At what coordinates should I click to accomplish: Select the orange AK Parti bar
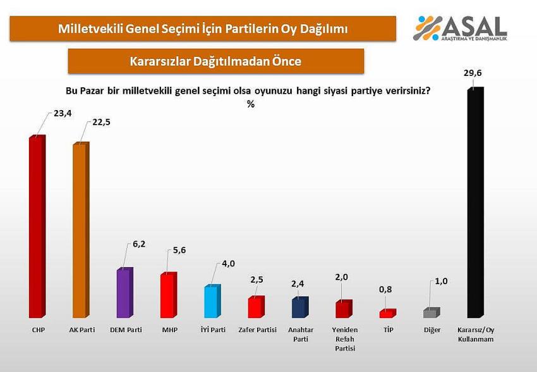pos(80,230)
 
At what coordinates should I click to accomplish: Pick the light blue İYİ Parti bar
pos(212,302)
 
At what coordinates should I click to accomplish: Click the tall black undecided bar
pos(474,202)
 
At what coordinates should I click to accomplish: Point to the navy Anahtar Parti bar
pos(299,307)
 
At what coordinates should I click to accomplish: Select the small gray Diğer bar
pos(430,313)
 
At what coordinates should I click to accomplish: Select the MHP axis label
pos(169,330)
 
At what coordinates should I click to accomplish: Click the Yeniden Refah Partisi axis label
pos(344,339)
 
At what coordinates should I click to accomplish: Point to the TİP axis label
pos(389,330)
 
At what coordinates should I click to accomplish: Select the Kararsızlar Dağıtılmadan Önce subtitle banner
pos(215,61)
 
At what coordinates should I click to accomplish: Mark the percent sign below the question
pos(250,104)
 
